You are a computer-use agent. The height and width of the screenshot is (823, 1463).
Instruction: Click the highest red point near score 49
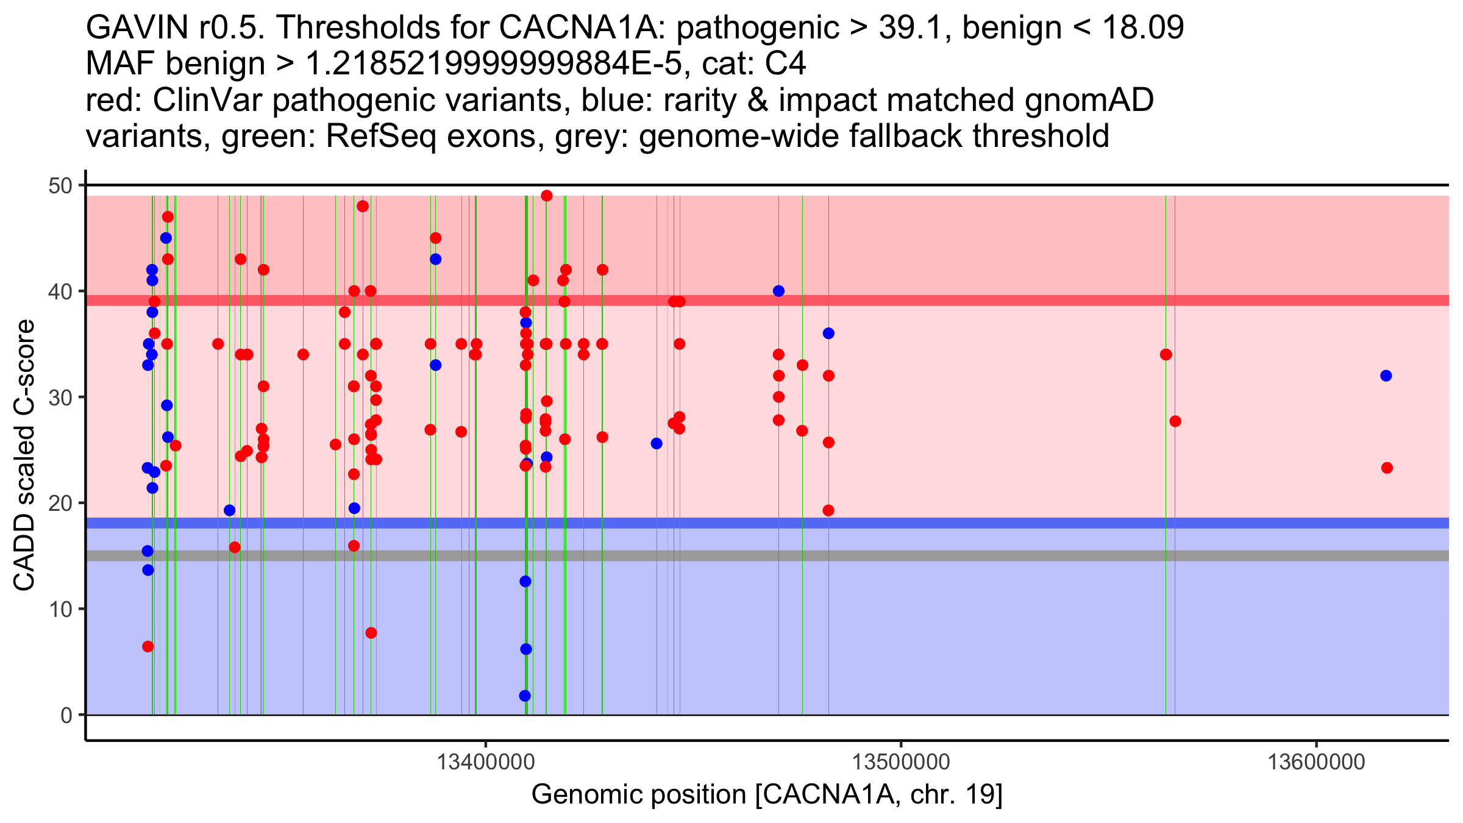pyautogui.click(x=547, y=196)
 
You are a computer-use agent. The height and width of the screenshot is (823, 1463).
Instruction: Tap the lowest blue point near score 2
pyautogui.click(x=525, y=696)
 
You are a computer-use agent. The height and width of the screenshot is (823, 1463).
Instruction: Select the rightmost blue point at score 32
pyautogui.click(x=1386, y=376)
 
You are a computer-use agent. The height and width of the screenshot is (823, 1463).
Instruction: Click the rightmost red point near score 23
pyautogui.click(x=1387, y=468)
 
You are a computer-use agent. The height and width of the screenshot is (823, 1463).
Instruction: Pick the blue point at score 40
pyautogui.click(x=778, y=291)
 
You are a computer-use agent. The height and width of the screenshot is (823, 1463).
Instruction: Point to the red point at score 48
pyautogui.click(x=363, y=206)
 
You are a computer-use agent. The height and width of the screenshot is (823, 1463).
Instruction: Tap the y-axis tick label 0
pyautogui.click(x=66, y=715)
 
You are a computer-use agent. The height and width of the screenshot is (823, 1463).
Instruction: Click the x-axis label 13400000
pyautogui.click(x=486, y=762)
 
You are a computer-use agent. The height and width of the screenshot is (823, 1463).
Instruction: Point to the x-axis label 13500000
pyautogui.click(x=901, y=762)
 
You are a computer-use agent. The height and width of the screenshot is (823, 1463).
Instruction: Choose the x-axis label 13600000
pyautogui.click(x=1317, y=762)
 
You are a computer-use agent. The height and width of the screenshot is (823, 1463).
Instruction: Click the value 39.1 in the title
pyautogui.click(x=915, y=27)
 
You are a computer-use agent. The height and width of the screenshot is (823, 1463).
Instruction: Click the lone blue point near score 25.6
pyautogui.click(x=657, y=443)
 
